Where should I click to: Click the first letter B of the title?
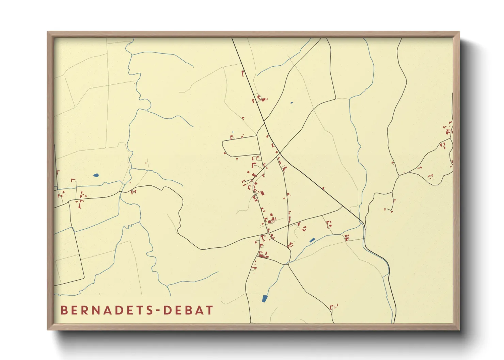coord(64,310)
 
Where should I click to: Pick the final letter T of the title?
coord(209,310)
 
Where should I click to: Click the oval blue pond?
coord(96,176)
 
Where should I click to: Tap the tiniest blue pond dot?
coord(291,102)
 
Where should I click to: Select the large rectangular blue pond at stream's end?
coord(265,299)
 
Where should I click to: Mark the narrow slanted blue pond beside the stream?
coord(312,240)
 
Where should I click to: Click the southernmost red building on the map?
coord(333,307)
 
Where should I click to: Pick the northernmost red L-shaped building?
coord(243,73)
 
